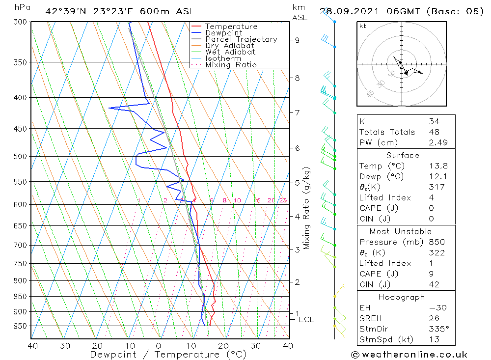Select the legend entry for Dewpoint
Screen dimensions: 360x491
pos(223,33)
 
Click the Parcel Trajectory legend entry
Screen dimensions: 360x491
pos(241,39)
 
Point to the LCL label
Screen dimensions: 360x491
pos(306,320)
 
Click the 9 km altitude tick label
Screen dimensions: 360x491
pos(297,40)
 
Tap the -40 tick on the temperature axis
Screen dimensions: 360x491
pos(29,345)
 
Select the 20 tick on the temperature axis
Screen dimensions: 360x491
pos(223,345)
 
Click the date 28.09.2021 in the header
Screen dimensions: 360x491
pos(346,11)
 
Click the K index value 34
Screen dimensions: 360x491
pos(434,121)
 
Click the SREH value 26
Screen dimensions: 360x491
pos(434,318)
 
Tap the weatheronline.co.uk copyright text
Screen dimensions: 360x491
pos(409,355)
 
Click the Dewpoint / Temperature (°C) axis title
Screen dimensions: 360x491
pos(168,354)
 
